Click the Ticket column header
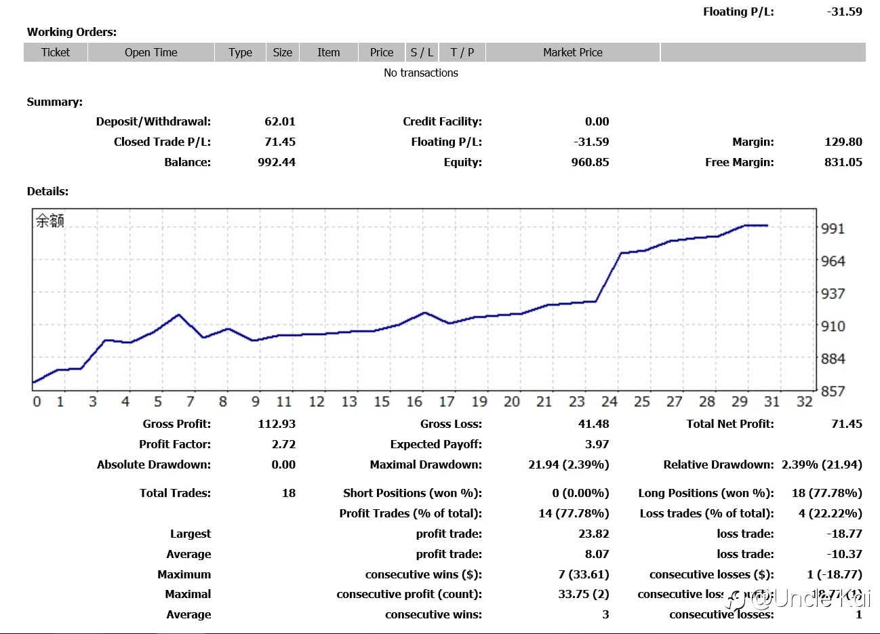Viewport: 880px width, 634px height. click(56, 52)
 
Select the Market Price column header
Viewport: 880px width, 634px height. click(572, 52)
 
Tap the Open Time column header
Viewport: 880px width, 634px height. click(151, 52)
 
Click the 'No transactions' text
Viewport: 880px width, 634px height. click(420, 73)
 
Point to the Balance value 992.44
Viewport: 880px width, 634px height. click(277, 162)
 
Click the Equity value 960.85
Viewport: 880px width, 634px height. click(590, 162)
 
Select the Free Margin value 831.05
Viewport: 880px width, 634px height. click(843, 162)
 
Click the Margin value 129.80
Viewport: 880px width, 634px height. click(843, 142)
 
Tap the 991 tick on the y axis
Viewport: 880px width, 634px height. click(833, 229)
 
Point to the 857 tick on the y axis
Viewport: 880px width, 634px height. click(833, 391)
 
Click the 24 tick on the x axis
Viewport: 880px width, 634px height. click(609, 401)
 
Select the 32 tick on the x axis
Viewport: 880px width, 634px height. click(804, 401)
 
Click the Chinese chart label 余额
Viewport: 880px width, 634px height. click(50, 221)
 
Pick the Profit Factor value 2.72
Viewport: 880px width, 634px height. click(283, 444)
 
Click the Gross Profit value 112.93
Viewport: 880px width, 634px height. click(277, 424)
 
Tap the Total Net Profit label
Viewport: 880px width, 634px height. click(729, 424)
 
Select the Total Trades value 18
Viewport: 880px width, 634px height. click(289, 493)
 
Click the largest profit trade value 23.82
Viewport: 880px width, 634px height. click(594, 534)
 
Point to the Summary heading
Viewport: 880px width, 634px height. click(55, 102)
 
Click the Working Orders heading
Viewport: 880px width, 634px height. click(72, 32)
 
